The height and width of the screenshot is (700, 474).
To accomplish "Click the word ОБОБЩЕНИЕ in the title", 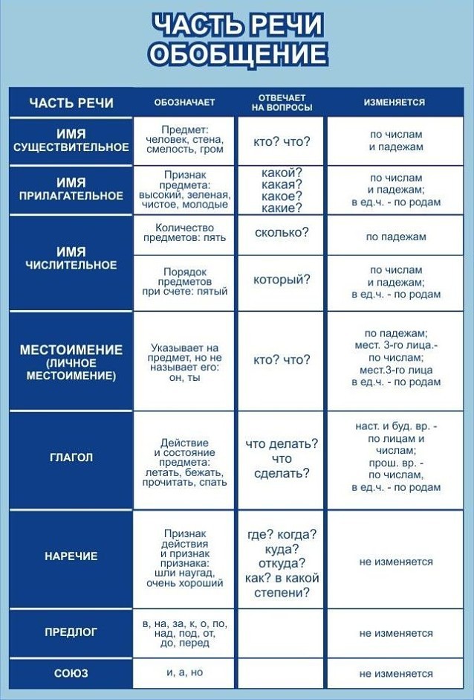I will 238,54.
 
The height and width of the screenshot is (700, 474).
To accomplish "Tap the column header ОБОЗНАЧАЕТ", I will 184,103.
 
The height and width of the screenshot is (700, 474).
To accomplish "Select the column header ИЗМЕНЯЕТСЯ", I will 395,103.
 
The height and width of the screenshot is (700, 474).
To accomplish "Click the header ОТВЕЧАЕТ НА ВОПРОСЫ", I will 282,103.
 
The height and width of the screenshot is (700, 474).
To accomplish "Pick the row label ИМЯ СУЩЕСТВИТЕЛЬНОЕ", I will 71,141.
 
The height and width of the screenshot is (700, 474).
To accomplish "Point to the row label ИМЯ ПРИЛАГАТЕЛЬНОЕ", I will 71,189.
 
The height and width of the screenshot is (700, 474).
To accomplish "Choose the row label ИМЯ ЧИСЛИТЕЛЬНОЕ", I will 71,258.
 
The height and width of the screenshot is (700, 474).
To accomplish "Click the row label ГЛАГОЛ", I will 71,457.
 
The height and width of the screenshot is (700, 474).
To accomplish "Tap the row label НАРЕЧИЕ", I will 71,556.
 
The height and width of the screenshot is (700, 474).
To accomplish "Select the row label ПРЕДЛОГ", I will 71,632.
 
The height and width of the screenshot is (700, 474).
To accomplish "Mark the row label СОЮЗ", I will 71,673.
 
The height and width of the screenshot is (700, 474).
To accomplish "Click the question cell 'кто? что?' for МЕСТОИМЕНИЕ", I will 282,360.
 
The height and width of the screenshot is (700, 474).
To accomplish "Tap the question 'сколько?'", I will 282,233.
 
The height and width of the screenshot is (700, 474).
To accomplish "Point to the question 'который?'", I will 282,280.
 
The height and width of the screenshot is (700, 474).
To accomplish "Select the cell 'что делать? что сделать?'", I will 282,458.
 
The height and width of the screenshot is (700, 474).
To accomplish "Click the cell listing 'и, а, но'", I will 184,672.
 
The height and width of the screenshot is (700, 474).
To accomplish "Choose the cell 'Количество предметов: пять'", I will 184,232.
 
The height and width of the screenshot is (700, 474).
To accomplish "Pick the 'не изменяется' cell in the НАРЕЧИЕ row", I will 395,562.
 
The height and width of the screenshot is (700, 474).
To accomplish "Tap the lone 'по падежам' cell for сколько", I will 395,237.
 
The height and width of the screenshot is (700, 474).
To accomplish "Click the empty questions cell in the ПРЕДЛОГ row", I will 282,632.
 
